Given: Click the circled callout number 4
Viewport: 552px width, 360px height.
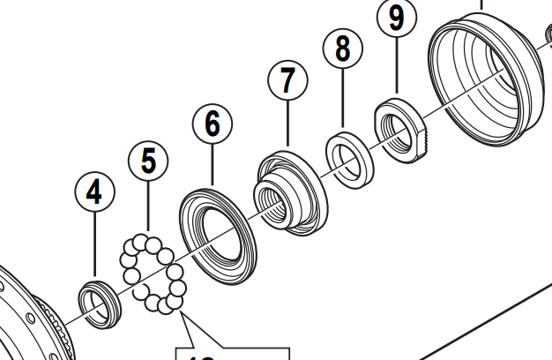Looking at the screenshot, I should tap(95, 191).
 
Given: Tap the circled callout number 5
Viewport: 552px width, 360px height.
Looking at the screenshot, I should tap(148, 161).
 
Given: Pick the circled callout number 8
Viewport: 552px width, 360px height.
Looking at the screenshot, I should tap(343, 49).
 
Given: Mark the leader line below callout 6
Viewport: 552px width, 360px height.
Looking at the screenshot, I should tap(213, 162).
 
